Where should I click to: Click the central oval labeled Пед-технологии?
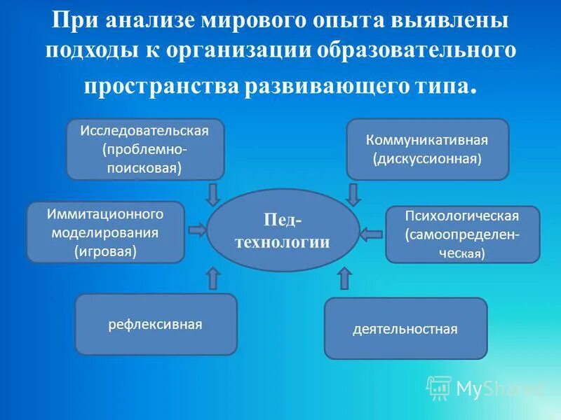coord(283,230)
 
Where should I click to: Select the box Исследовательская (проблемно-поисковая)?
coord(145,149)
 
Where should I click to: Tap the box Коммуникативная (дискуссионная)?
coord(428,149)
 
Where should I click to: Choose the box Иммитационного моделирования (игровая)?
coord(105,232)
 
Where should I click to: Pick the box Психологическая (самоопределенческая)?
coord(463,234)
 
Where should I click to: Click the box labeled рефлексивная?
coord(156,324)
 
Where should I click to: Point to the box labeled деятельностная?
coord(405,328)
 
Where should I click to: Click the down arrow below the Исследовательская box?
coord(214,192)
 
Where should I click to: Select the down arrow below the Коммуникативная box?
coord(354,193)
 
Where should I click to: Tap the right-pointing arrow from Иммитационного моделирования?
coord(196,230)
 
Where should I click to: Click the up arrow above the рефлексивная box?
coord(214,277)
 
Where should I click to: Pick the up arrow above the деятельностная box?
coord(344,277)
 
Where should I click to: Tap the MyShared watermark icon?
coord(440,387)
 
